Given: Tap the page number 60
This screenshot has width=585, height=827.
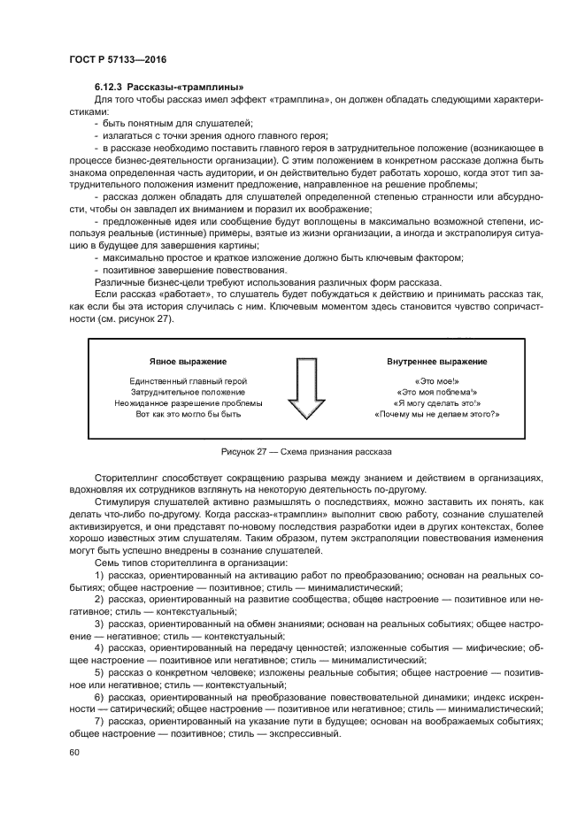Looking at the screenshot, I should (x=73, y=752).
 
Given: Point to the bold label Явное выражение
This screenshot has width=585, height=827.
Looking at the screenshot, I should (x=188, y=363).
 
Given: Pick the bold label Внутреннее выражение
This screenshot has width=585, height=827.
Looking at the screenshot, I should (x=436, y=363).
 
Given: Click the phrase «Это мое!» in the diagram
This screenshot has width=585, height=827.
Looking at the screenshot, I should (x=436, y=380).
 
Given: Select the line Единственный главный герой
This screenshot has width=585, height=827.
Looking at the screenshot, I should (x=188, y=380).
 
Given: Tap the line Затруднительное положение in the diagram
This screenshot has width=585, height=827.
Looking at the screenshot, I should (x=188, y=392).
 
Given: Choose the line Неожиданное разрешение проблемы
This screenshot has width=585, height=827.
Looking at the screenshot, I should (x=188, y=403).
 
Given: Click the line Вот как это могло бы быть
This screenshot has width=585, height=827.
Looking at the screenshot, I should (x=188, y=414).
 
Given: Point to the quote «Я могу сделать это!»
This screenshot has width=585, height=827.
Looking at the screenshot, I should (x=436, y=403).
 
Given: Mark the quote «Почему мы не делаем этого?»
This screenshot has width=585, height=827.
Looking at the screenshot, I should (x=436, y=414).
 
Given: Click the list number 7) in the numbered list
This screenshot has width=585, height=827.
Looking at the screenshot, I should (x=99, y=722).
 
